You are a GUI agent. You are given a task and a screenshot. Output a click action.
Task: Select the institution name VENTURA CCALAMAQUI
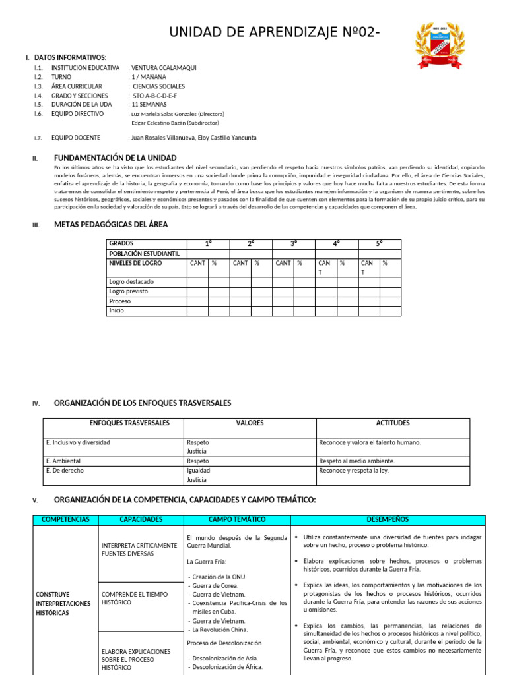164,68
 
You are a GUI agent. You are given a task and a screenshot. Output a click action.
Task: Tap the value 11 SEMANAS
149,104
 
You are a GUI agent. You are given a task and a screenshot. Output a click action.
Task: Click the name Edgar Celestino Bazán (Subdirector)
175,123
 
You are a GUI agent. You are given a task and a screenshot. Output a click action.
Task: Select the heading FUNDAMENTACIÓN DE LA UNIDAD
115,158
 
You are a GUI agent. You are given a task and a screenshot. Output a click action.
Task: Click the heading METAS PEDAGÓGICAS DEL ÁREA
110,225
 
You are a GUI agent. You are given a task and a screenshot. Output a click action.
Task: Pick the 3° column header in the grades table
294,244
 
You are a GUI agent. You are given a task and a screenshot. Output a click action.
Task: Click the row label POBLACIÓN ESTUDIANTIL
145,254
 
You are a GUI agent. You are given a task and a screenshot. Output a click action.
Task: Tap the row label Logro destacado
131,282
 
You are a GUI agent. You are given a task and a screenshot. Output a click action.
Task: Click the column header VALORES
250,423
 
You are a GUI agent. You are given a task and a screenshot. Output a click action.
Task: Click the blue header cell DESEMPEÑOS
389,520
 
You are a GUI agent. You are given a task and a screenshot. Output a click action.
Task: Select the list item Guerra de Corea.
216,585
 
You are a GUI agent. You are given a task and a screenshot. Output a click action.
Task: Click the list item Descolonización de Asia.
225,658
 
